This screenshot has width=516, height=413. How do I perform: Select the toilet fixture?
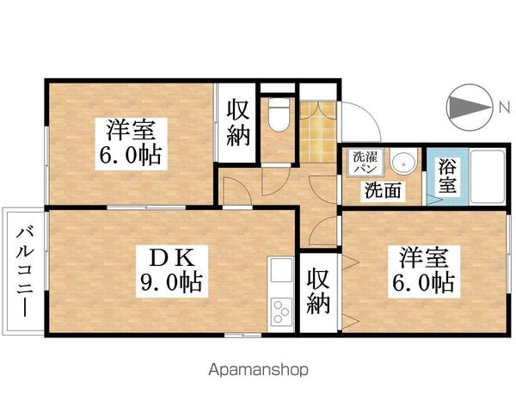click(x=277, y=115)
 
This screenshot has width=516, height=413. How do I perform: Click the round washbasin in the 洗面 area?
click(x=402, y=163)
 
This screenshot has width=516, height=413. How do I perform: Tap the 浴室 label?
click(x=446, y=176)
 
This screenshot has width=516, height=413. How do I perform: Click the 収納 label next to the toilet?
click(x=236, y=122)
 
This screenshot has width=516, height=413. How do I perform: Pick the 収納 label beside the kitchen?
click(x=318, y=291)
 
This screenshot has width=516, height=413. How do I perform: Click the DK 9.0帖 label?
click(x=171, y=269)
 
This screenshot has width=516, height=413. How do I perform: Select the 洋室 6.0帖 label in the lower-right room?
click(x=426, y=269)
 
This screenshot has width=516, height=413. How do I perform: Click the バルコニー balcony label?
click(x=24, y=272)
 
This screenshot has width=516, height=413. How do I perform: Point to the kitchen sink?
click(x=282, y=274)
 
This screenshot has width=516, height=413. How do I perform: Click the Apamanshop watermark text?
click(x=257, y=371)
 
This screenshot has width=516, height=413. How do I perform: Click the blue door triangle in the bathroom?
click(x=433, y=196)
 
